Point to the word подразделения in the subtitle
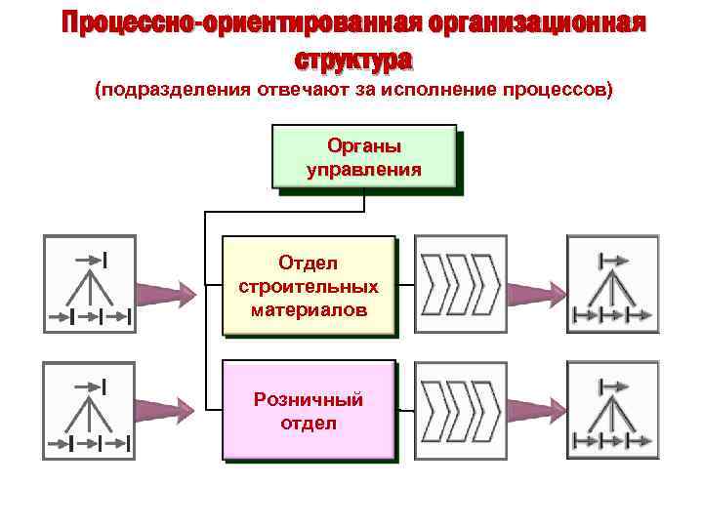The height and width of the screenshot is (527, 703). [173, 90]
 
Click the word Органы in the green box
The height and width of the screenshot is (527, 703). [364, 145]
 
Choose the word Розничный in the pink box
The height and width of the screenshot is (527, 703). [309, 399]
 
